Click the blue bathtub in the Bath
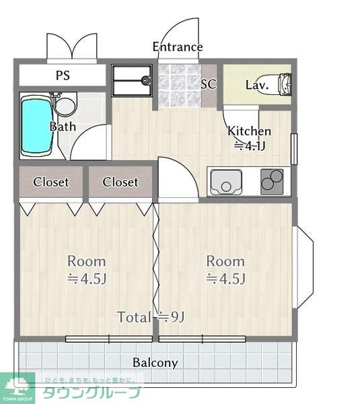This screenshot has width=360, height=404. [x=37, y=127]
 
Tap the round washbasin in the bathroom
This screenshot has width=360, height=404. [x=65, y=106]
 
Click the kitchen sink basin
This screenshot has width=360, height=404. [x=226, y=182]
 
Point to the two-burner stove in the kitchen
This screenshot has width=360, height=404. [x=272, y=181]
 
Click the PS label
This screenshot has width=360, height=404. [x=63, y=75]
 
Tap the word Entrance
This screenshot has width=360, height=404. [x=178, y=47]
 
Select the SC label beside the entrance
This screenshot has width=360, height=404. [x=209, y=83]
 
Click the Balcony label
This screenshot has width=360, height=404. [x=155, y=363]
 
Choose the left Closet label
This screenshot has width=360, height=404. [x=51, y=182]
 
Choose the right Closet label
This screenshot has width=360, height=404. [x=120, y=182]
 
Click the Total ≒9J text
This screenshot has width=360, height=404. [x=151, y=317]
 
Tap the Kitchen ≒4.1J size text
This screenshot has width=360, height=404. [x=249, y=139]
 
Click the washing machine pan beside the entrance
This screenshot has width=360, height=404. [x=132, y=81]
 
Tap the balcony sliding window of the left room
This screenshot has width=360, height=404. [x=109, y=339]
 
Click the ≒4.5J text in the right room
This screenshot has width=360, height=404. [x=226, y=279]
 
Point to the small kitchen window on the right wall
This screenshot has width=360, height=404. [x=294, y=149]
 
